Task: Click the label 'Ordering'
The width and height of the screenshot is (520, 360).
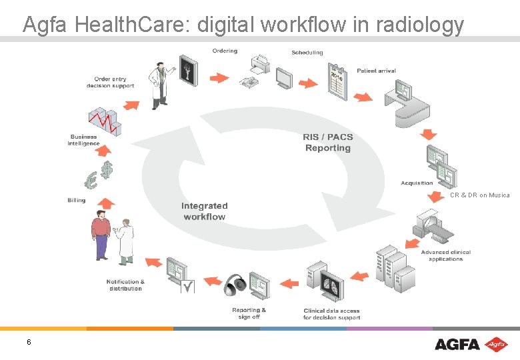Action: [225, 51]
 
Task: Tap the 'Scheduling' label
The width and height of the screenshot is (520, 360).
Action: [307, 53]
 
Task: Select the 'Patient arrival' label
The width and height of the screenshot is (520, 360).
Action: [376, 71]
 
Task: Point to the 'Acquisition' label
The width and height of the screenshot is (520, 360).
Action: [417, 183]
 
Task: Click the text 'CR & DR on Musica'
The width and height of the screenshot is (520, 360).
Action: [479, 195]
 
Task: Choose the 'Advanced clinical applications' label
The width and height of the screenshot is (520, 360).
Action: [445, 255]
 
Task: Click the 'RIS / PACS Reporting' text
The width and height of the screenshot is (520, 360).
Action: [328, 143]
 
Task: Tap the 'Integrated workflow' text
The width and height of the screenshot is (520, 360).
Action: [205, 211]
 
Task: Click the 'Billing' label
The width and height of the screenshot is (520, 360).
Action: [77, 200]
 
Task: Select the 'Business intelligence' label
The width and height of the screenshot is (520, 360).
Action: [83, 140]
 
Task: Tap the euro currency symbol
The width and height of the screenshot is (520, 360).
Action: [91, 179]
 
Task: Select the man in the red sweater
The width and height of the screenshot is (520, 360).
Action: [100, 233]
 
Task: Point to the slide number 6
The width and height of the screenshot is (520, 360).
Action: [29, 342]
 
